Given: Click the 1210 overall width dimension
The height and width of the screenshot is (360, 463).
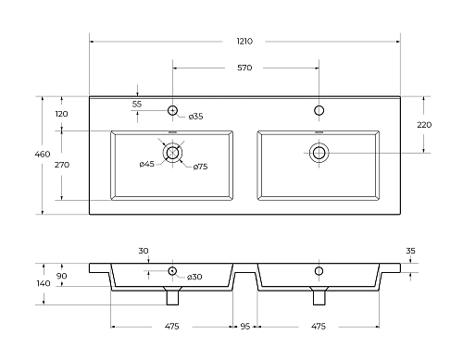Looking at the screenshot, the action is (x=244, y=41).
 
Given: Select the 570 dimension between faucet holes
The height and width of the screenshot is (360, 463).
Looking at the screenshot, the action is (x=244, y=68).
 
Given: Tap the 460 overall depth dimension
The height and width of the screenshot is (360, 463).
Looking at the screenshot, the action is (x=43, y=154).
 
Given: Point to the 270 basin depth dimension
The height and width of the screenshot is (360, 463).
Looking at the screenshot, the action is (x=62, y=165).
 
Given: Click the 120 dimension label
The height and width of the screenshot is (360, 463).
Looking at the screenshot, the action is (x=61, y=114).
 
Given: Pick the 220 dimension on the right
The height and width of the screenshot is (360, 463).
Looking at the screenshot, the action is (x=424, y=125).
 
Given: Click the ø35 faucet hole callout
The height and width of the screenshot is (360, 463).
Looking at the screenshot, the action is (x=195, y=117).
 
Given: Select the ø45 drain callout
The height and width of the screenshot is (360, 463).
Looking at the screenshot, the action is (x=146, y=164).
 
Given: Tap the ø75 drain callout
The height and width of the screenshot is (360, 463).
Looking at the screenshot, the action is (x=200, y=167).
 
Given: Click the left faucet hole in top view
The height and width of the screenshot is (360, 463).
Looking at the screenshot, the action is (x=172, y=110).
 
